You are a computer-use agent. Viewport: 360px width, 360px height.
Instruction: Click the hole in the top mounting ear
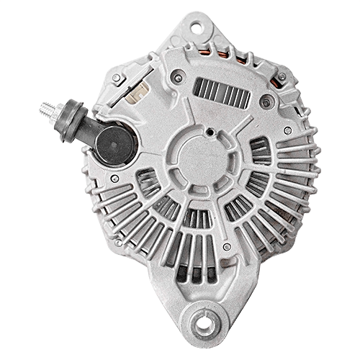tap(195, 28)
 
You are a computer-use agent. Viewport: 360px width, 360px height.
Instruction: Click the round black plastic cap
tap(115, 143)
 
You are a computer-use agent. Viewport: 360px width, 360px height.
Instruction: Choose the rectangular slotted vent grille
tap(221, 93)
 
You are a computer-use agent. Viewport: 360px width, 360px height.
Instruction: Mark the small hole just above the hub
tap(209, 132)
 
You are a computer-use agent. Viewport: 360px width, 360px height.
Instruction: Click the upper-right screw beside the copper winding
tap(282, 77)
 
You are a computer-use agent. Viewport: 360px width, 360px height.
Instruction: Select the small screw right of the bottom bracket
tap(227, 247)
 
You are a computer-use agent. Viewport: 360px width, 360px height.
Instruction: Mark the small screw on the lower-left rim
tap(119, 242)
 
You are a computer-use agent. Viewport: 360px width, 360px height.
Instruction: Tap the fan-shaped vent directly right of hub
tap(259, 151)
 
